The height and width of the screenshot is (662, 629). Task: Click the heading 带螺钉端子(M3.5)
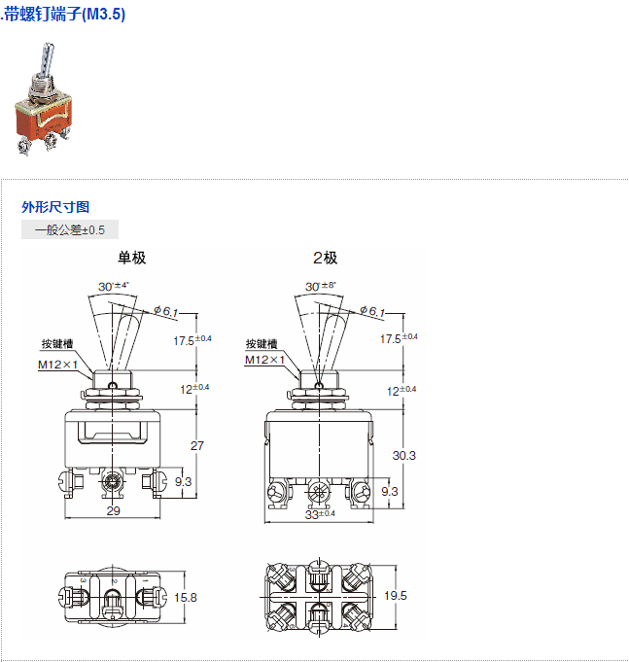[64, 15]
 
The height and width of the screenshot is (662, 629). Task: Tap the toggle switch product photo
[44, 99]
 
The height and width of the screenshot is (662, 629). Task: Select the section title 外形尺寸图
[55, 207]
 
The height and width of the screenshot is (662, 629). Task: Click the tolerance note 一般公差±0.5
[70, 230]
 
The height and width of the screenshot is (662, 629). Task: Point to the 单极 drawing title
[131, 258]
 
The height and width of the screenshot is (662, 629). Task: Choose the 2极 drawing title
[325, 258]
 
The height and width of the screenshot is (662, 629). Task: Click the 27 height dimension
[197, 446]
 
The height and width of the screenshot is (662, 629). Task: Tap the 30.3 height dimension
[404, 456]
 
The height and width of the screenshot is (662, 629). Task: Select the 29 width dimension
[113, 511]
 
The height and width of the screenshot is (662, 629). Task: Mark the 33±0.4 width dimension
[320, 514]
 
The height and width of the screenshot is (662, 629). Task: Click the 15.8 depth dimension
[186, 598]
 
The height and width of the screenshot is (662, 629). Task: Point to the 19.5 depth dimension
[396, 596]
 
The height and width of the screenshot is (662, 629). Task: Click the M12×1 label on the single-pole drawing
[57, 365]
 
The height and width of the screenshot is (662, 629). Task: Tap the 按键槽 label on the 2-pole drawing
[262, 344]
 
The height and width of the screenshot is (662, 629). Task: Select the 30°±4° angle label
[113, 286]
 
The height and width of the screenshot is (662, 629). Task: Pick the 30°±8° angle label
[321, 286]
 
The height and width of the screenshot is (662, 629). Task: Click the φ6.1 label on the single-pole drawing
[165, 311]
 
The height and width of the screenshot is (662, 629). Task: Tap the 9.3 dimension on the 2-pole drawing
[390, 492]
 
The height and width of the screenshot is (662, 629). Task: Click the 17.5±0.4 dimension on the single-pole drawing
[192, 340]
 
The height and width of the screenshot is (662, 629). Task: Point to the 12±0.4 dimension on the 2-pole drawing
[402, 390]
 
